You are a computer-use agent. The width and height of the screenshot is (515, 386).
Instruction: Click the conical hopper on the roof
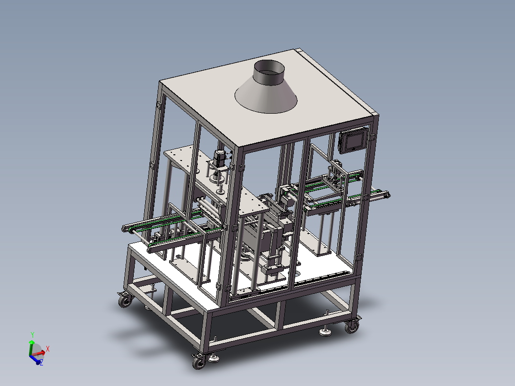[x=266, y=95]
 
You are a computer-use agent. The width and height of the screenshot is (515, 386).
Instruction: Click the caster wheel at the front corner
[x=199, y=362]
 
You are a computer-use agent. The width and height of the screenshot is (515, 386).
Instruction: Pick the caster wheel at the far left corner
[x=125, y=300]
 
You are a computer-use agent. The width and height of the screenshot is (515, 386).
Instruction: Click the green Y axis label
[x=32, y=335]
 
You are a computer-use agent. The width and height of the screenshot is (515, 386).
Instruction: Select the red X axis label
[x=48, y=349]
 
